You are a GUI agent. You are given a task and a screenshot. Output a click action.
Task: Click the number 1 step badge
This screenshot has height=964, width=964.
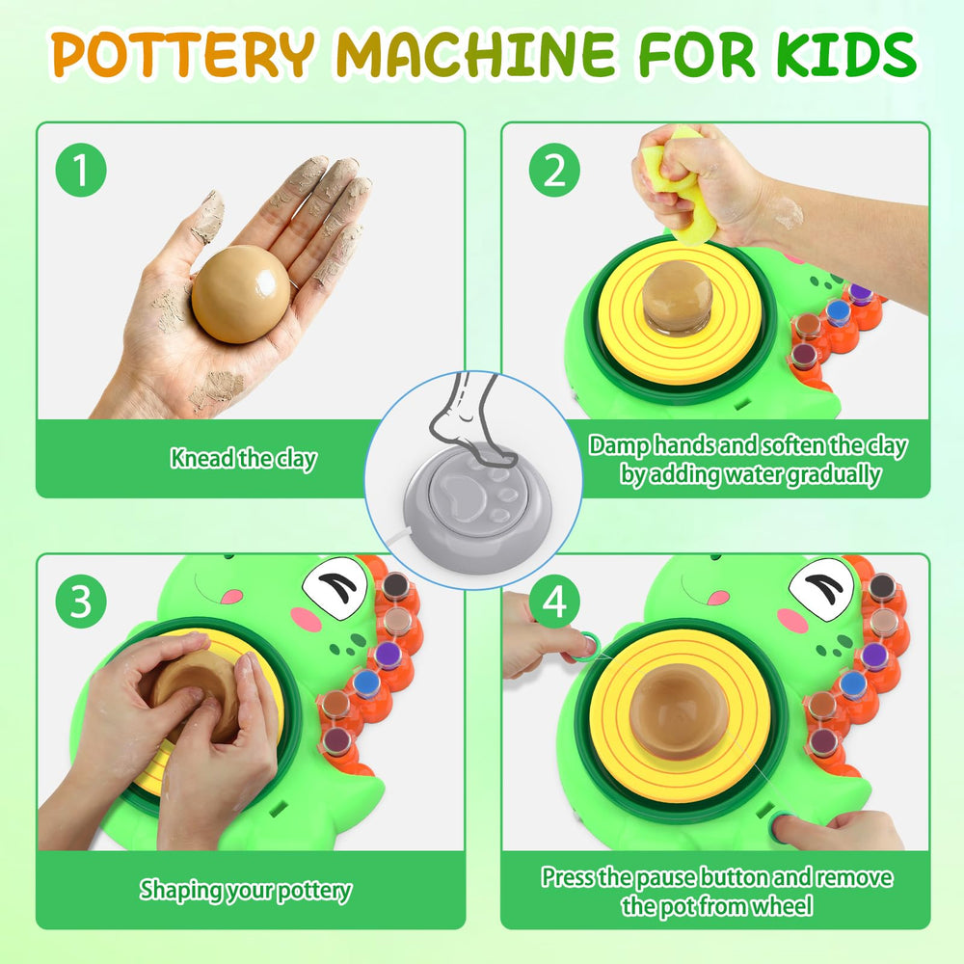coord(81,171)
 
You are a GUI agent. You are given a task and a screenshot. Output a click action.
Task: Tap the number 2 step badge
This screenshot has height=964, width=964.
coord(554,171)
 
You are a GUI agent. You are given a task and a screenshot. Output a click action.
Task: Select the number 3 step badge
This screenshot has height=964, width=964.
coord(81,602)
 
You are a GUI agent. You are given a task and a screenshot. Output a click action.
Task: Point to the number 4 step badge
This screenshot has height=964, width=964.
coord(554,602)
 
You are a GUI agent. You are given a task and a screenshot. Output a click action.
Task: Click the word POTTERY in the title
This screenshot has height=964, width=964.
coord(182,54)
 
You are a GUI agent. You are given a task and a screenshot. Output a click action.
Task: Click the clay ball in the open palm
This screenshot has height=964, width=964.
coord(240,294)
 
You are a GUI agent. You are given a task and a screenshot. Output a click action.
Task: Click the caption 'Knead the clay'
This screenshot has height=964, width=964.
coord(244,459)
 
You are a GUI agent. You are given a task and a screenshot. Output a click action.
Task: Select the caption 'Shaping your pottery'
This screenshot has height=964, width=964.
coord(245,890)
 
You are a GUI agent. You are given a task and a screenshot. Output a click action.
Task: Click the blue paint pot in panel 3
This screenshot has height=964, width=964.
coord(366,683)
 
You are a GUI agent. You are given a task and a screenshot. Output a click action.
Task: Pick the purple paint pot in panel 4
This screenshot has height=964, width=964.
coord(874,656)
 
